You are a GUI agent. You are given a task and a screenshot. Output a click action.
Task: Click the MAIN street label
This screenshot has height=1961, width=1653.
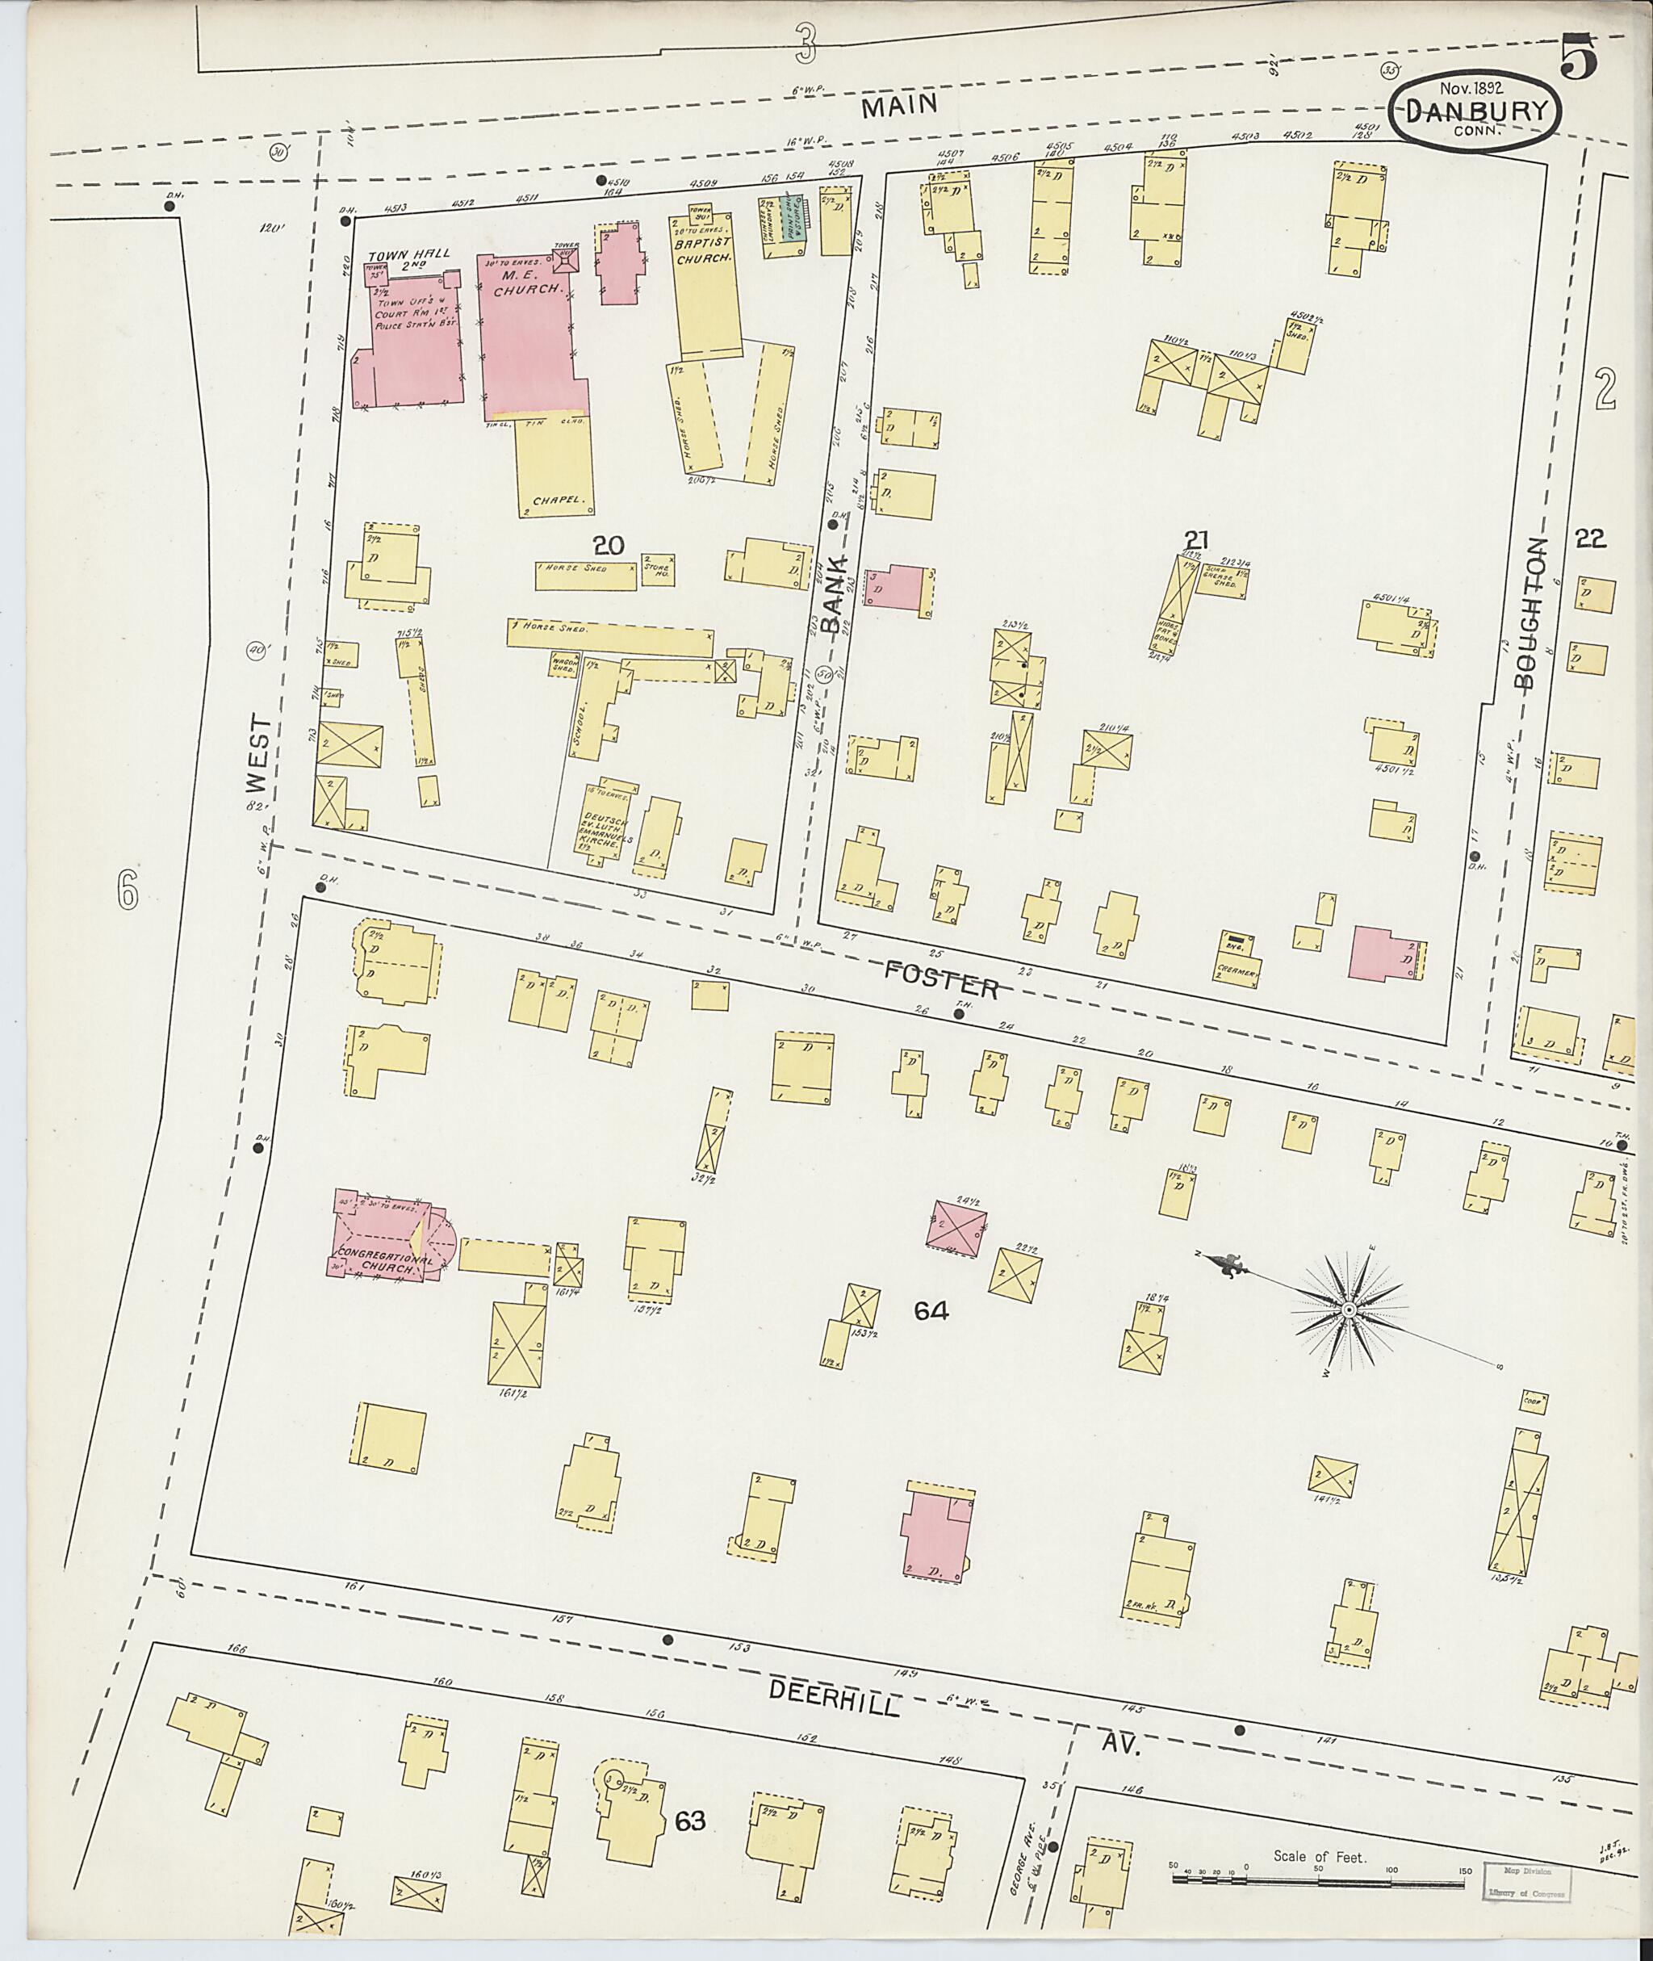point(900,105)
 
